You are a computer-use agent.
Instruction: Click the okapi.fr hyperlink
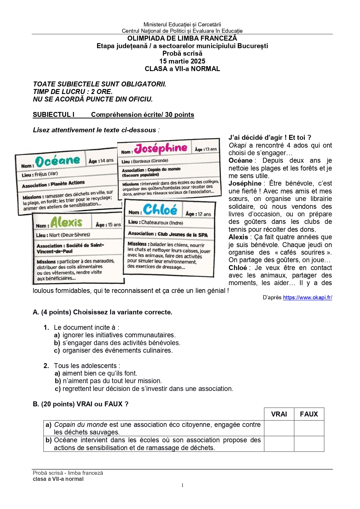click(307, 298)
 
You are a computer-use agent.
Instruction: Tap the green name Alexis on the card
click(66, 222)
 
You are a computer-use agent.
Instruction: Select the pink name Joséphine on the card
click(161, 148)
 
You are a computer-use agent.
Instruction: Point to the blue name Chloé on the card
click(160, 209)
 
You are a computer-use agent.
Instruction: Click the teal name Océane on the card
click(57, 161)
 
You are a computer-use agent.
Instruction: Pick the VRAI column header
click(279, 414)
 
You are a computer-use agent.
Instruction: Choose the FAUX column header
click(309, 414)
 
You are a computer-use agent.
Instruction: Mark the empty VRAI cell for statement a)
click(279, 428)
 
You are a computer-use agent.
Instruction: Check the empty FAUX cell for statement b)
click(309, 444)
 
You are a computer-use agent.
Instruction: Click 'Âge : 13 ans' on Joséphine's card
click(206, 149)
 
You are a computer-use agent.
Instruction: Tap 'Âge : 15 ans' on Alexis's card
click(108, 225)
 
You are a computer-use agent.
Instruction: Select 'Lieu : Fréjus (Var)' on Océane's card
click(40, 175)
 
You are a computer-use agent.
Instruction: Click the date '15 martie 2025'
click(182, 61)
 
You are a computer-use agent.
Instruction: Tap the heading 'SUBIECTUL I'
click(54, 115)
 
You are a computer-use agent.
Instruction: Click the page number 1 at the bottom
click(182, 485)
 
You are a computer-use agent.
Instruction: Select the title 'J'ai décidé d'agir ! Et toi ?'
click(270, 137)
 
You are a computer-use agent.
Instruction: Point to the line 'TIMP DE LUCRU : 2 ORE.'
click(73, 92)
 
